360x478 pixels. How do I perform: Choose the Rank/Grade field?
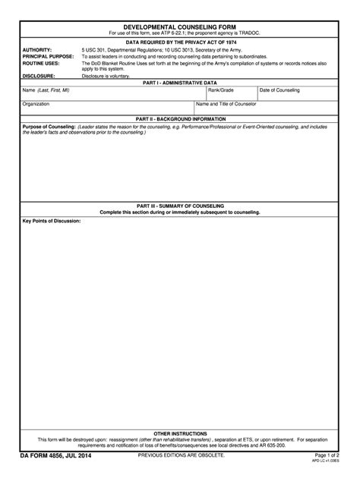pos(231,94)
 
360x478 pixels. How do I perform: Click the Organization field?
pos(106,108)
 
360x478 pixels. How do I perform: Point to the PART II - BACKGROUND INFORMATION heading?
pos(180,118)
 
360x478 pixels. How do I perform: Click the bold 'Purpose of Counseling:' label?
pos(49,126)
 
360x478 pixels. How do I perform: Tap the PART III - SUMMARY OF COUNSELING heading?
pos(180,206)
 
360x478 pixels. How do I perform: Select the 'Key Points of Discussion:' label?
pos(51,222)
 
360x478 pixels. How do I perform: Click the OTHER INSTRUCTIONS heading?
pos(180,432)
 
